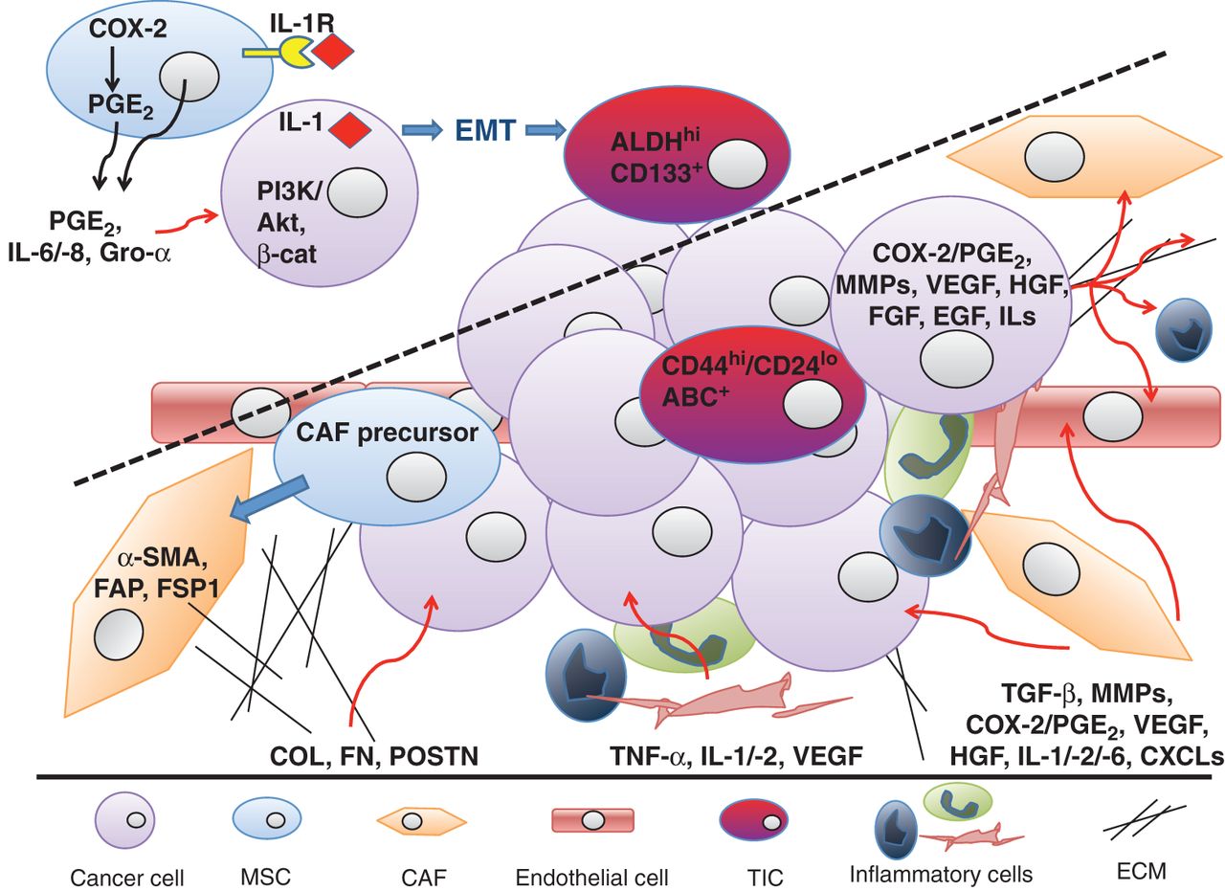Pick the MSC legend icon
coord(268,820)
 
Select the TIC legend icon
coord(753,819)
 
